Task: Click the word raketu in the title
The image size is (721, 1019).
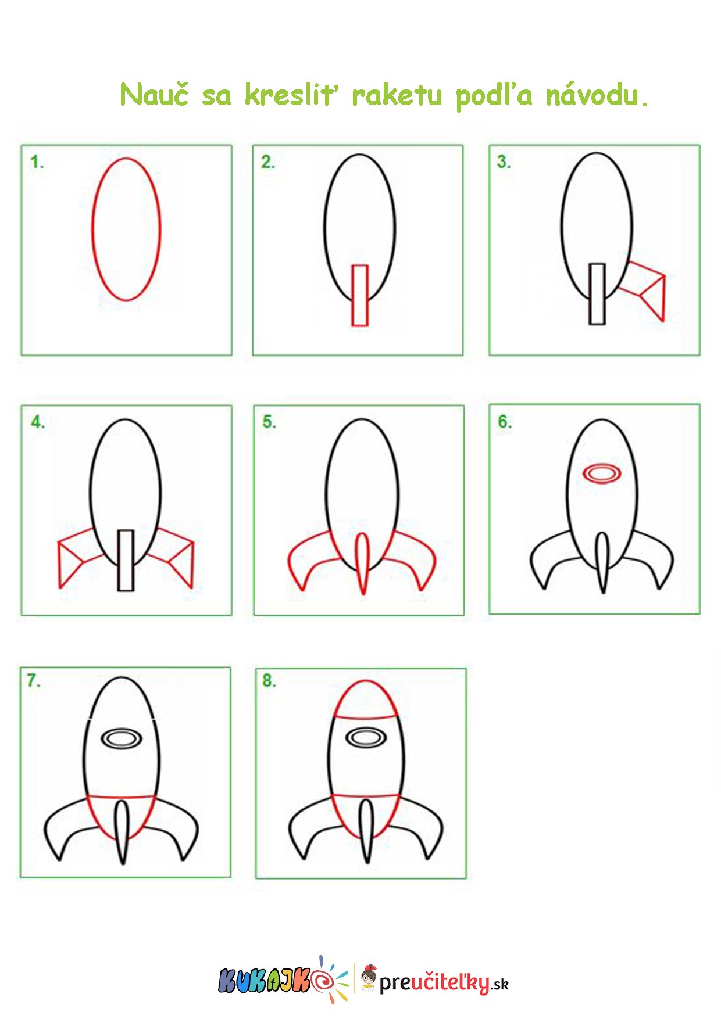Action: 397,95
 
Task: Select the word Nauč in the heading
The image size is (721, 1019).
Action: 154,94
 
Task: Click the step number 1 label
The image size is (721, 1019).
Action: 37,162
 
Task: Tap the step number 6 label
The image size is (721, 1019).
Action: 505,422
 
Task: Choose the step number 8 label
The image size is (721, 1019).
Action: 269,680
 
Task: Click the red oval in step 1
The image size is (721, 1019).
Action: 92,229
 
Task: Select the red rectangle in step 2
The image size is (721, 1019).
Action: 353,296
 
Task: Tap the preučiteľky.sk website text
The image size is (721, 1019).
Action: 444,983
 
